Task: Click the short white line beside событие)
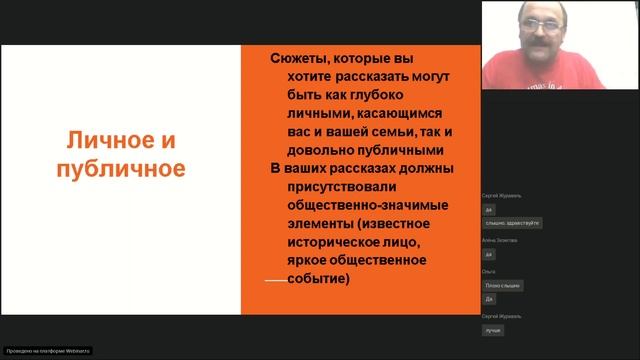pyautogui.click(x=276, y=282)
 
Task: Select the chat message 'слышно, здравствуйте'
pyautogui.click(x=513, y=223)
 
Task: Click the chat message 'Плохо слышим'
pyautogui.click(x=503, y=285)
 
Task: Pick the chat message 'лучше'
pyautogui.click(x=492, y=329)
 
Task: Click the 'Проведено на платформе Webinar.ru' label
pyautogui.click(x=48, y=351)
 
